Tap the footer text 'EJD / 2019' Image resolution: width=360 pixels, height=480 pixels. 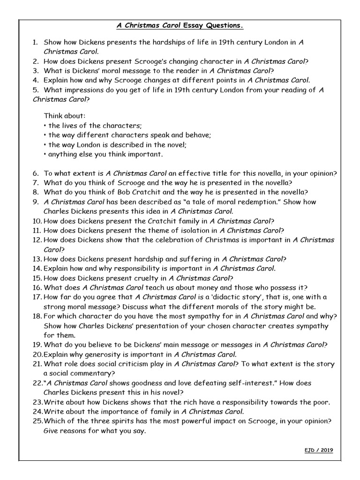point(319,450)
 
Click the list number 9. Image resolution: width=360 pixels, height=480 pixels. point(36,202)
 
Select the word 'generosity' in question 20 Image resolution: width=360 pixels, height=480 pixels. point(95,354)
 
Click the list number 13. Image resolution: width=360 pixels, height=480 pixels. point(37,259)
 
